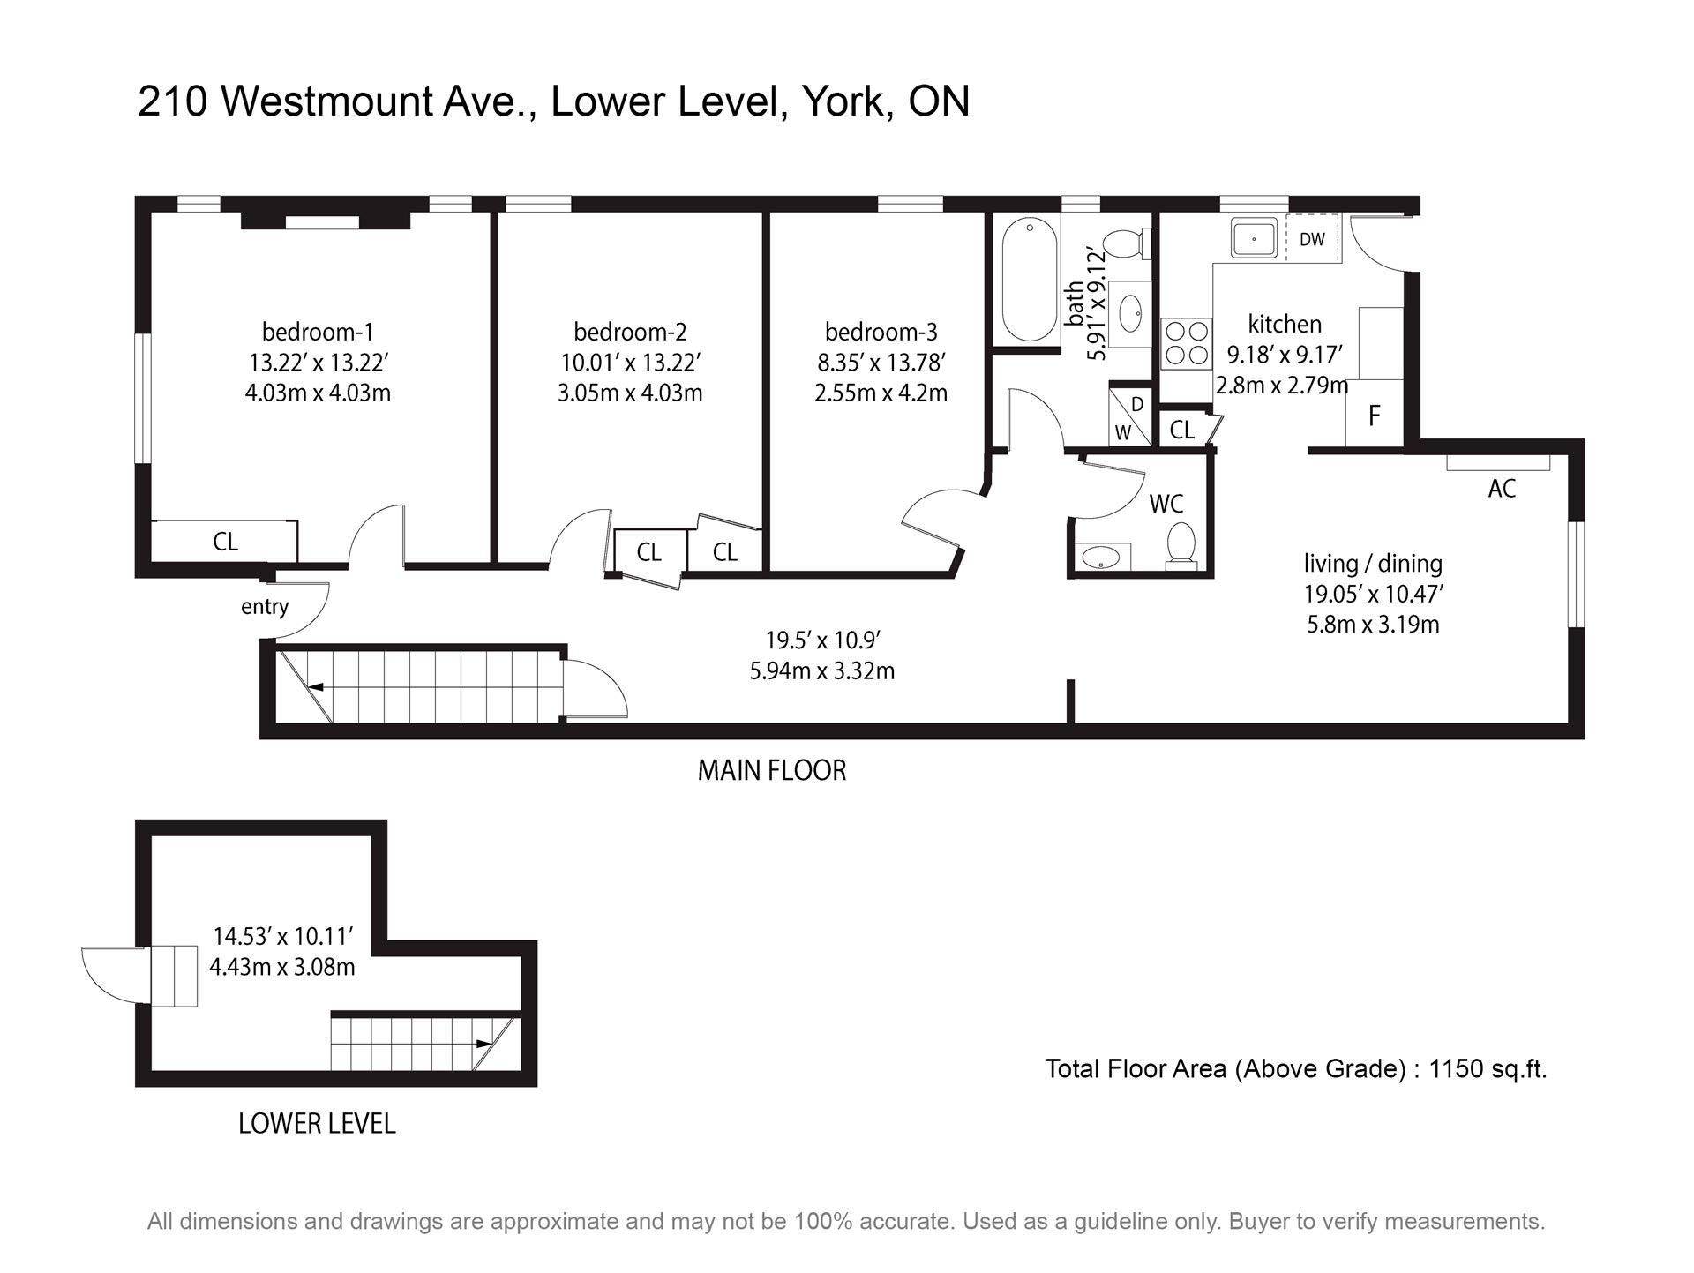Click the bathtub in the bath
(x=1030, y=280)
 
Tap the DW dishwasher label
(x=1312, y=239)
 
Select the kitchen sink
(x=1254, y=238)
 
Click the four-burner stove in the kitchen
(x=1187, y=343)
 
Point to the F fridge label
(x=1374, y=416)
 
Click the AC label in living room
(x=1502, y=489)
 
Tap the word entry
(x=265, y=607)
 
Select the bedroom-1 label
(x=318, y=332)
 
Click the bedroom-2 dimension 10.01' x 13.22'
(x=631, y=363)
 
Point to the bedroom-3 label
(x=881, y=332)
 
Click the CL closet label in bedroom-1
(x=225, y=542)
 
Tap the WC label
(x=1166, y=504)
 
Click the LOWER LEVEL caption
(x=317, y=1124)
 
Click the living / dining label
(x=1373, y=563)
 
